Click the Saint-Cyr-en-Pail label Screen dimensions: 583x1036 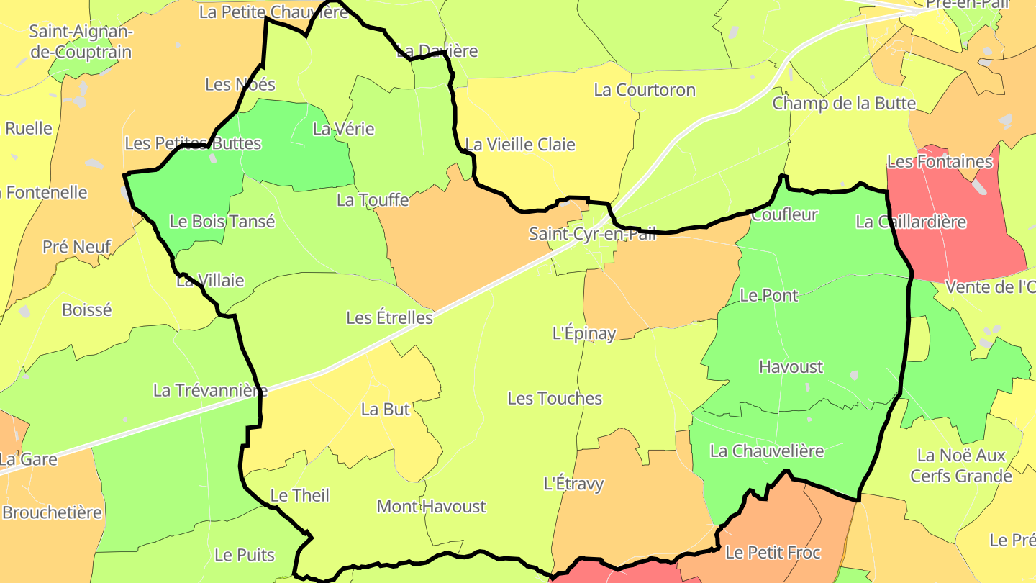point(592,234)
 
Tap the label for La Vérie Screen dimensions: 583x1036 point(343,130)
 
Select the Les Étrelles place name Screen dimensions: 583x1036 point(389,317)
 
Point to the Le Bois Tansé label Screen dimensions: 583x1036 point(222,222)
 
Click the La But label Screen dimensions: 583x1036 point(385,410)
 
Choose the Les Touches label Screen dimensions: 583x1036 point(555,399)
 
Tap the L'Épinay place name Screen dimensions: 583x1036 point(584,334)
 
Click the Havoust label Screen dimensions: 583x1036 point(791,367)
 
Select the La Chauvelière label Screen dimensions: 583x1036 point(766,451)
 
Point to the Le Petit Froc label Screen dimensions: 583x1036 point(773,553)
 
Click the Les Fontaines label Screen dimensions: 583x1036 point(940,162)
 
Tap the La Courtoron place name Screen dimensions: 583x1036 point(645,90)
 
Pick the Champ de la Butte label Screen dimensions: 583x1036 point(844,104)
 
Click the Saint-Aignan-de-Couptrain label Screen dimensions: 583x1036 point(81,42)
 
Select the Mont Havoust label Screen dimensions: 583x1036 point(431,507)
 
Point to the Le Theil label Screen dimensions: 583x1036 point(299,496)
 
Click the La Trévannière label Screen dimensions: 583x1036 point(210,391)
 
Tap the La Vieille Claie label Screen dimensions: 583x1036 point(520,145)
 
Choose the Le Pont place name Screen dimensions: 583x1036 point(769,296)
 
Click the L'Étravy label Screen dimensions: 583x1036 point(573,484)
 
